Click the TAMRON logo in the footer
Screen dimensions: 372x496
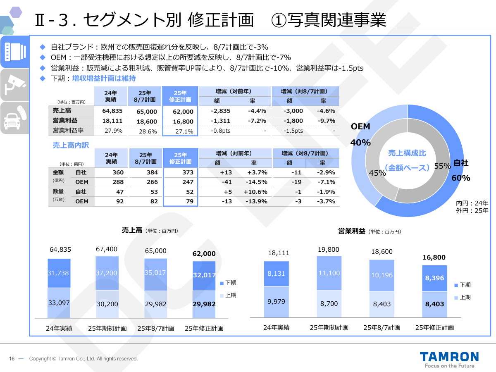point(449,357)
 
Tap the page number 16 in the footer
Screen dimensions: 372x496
point(12,359)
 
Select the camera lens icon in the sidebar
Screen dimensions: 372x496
point(14,52)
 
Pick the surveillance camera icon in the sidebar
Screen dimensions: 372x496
point(14,85)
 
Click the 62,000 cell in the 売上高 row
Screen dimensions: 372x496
point(180,111)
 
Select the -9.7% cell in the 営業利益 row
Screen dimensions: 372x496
point(326,121)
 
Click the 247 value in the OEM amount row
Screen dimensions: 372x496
point(188,182)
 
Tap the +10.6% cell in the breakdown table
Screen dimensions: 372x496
point(255,191)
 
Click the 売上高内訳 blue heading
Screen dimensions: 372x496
point(71,145)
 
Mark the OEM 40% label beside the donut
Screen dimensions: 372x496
point(360,134)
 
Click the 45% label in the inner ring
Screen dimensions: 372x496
point(377,173)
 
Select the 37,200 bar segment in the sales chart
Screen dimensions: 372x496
point(107,273)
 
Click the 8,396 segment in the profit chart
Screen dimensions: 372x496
point(434,278)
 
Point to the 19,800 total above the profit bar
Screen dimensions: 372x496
point(329,249)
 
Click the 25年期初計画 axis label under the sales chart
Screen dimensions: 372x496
point(107,329)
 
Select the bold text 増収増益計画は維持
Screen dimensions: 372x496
point(104,78)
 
